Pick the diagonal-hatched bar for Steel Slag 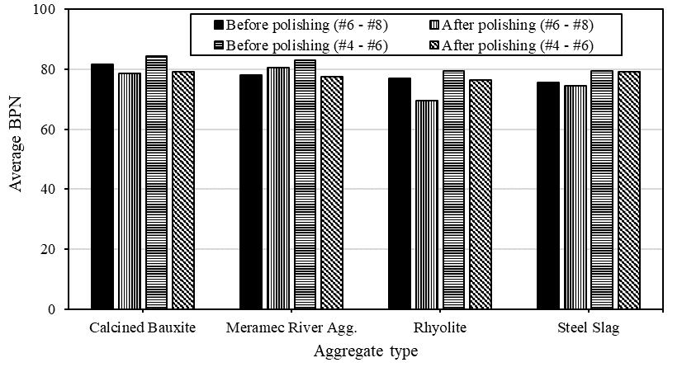click(630, 191)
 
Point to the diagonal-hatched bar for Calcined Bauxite click(183, 191)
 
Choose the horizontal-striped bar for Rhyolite click(454, 190)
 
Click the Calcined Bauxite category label click(143, 328)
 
